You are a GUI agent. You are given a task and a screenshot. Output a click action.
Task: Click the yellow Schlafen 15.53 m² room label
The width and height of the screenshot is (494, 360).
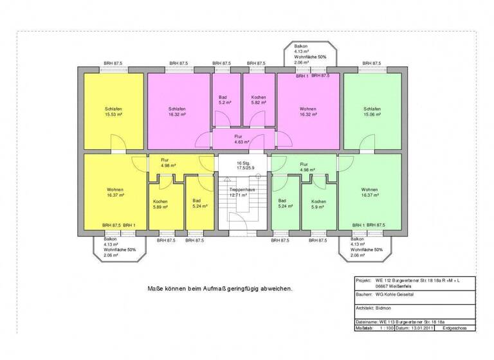tap(113, 112)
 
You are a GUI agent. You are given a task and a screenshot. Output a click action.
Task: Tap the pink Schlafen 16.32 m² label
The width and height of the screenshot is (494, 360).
tap(177, 112)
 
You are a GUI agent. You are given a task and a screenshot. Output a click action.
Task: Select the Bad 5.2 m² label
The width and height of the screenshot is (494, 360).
tap(224, 100)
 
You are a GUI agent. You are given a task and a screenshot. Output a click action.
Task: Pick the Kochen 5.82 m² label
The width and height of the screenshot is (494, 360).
tap(259, 100)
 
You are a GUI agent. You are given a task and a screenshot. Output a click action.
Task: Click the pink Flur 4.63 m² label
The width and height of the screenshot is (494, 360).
tap(241, 140)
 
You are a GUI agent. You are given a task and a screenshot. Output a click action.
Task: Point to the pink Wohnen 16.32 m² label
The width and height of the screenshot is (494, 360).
tap(307, 112)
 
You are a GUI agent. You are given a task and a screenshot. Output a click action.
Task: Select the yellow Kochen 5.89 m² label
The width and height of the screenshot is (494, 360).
tap(160, 204)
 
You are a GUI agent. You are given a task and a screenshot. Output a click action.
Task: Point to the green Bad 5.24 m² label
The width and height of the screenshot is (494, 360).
tap(285, 204)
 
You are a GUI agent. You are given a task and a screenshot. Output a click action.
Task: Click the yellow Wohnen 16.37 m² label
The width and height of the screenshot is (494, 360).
tap(115, 193)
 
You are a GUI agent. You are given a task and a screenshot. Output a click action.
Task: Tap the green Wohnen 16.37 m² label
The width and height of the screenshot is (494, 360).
tap(369, 193)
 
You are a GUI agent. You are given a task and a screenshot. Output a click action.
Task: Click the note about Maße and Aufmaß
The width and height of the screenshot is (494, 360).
tap(219, 289)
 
